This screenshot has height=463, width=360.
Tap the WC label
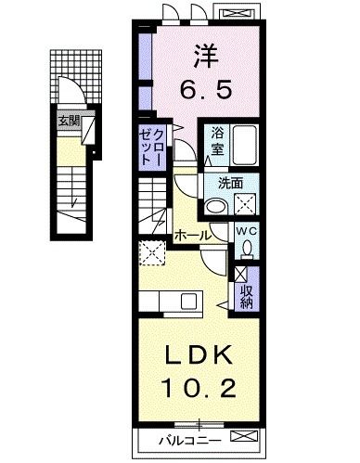click(245, 231)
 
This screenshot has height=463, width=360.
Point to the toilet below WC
click(247, 249)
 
